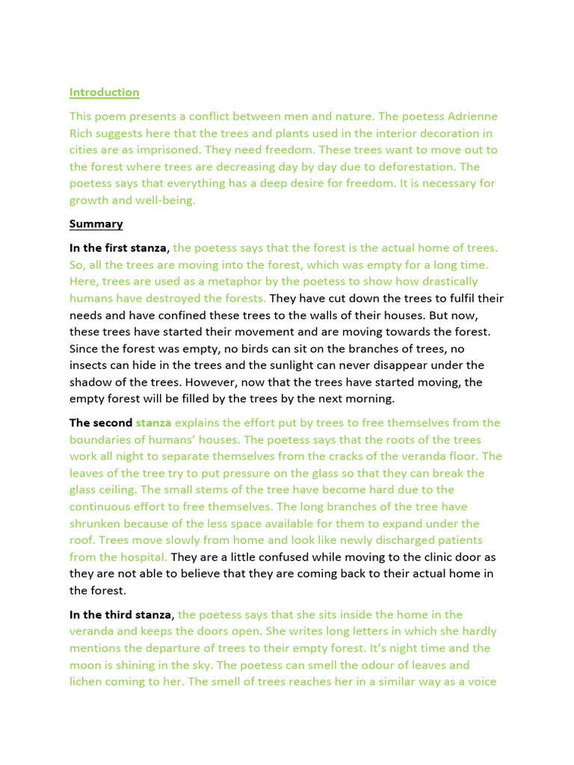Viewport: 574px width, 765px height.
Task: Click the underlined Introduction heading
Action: click(104, 93)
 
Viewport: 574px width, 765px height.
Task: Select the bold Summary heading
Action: click(96, 224)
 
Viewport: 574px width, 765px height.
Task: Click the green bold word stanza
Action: click(153, 423)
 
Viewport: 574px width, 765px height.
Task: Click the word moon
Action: click(85, 665)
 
